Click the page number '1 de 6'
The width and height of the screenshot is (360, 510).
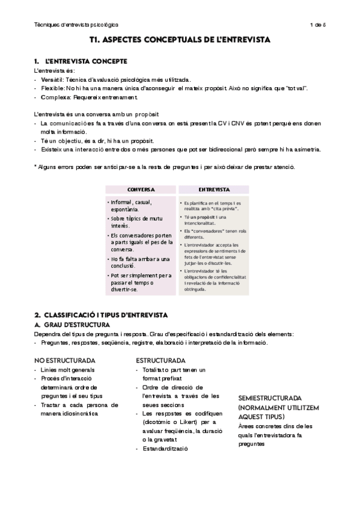tap(317, 25)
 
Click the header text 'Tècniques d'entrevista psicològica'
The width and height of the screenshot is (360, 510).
tap(76, 25)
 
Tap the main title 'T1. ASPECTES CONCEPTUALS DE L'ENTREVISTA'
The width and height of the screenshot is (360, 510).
tap(180, 40)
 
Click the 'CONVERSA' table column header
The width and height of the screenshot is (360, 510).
tap(141, 189)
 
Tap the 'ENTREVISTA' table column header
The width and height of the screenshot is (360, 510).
tap(213, 189)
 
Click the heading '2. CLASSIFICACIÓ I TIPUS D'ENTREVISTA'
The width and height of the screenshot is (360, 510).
tap(101, 315)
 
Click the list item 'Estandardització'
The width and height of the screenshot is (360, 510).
tap(165, 449)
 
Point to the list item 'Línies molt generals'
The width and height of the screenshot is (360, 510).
tap(68, 369)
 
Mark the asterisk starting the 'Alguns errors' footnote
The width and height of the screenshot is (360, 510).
tap(35, 167)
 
